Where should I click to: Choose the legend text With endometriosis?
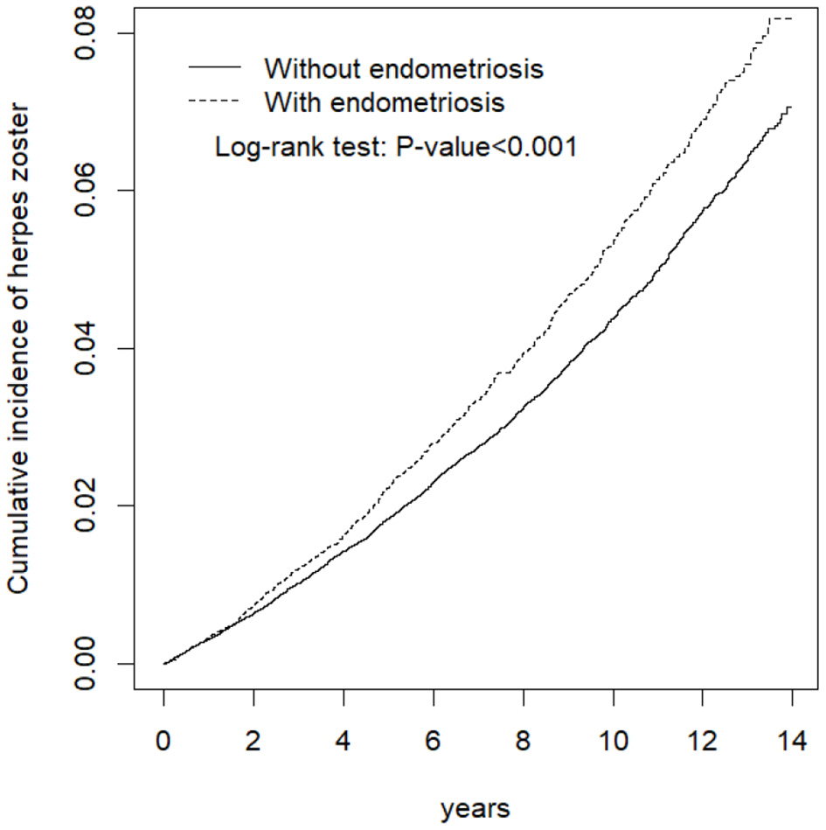(x=385, y=102)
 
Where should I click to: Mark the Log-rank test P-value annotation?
(x=396, y=147)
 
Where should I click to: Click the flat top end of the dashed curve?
(x=780, y=18)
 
